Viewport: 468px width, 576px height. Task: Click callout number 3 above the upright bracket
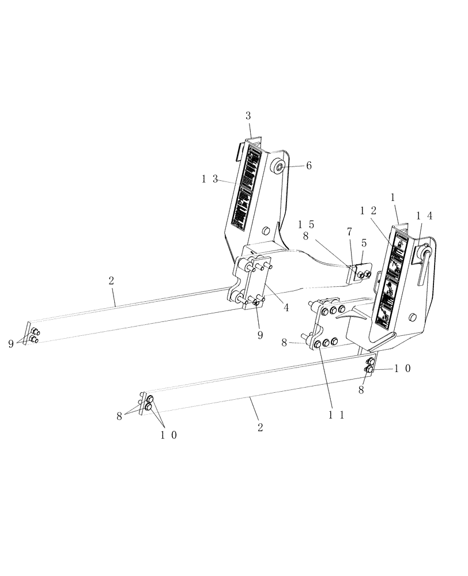tap(248, 116)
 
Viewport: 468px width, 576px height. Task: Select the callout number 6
tap(309, 165)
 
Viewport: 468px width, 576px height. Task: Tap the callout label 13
tap(210, 179)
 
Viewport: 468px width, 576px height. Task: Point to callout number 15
tap(306, 223)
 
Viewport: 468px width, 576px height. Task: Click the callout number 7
tap(349, 232)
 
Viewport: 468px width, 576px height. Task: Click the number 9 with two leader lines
tap(11, 344)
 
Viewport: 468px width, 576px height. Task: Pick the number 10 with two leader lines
tap(169, 435)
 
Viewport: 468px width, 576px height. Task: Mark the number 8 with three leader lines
tap(120, 415)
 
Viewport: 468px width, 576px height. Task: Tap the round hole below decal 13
tap(265, 231)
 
